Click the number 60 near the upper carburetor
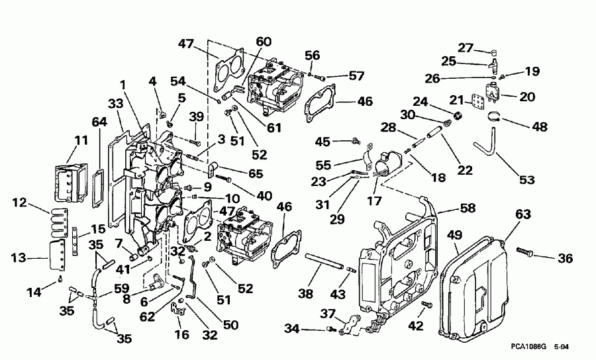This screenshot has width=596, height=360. coord(264,41)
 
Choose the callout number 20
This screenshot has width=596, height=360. coord(528,97)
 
